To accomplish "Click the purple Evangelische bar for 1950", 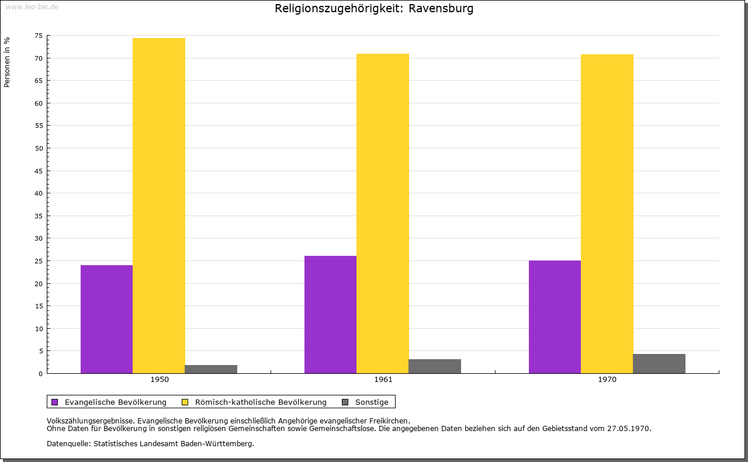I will [106, 319].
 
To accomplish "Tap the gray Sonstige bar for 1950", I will [211, 369].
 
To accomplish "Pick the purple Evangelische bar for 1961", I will [330, 314].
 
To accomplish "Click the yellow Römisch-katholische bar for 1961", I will [383, 213].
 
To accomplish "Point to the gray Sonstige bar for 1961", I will [435, 366].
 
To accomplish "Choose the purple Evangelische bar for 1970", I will [555, 317].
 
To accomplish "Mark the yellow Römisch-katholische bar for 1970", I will [607, 214].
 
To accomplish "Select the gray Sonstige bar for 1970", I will [659, 363].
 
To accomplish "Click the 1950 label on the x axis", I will [160, 380].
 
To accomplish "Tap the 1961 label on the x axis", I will [383, 380].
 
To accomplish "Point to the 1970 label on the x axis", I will [607, 380].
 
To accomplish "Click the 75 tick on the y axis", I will [39, 36].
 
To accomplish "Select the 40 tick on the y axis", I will [39, 193].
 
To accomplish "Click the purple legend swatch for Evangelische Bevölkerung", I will [55, 402].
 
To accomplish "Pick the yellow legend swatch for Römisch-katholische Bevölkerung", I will [185, 402].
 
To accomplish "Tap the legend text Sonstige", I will [372, 402].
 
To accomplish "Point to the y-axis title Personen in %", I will [7, 62].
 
